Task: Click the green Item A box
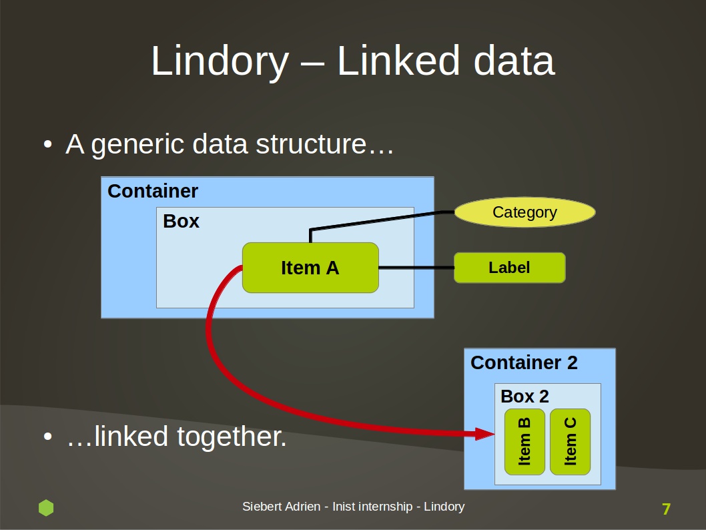(x=310, y=268)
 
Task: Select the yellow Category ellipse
(x=525, y=212)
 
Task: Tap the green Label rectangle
(x=510, y=268)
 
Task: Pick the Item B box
(x=524, y=442)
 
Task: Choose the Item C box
(x=570, y=442)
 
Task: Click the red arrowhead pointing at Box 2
(x=485, y=434)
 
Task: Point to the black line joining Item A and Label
(x=416, y=268)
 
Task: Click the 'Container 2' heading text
(x=524, y=362)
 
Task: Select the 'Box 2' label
(x=525, y=396)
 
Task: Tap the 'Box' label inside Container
(x=181, y=221)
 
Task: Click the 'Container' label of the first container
(x=153, y=191)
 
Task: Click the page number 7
(x=667, y=509)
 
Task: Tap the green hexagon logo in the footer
(x=46, y=507)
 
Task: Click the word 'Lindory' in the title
(x=220, y=61)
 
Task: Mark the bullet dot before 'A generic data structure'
(x=48, y=145)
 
